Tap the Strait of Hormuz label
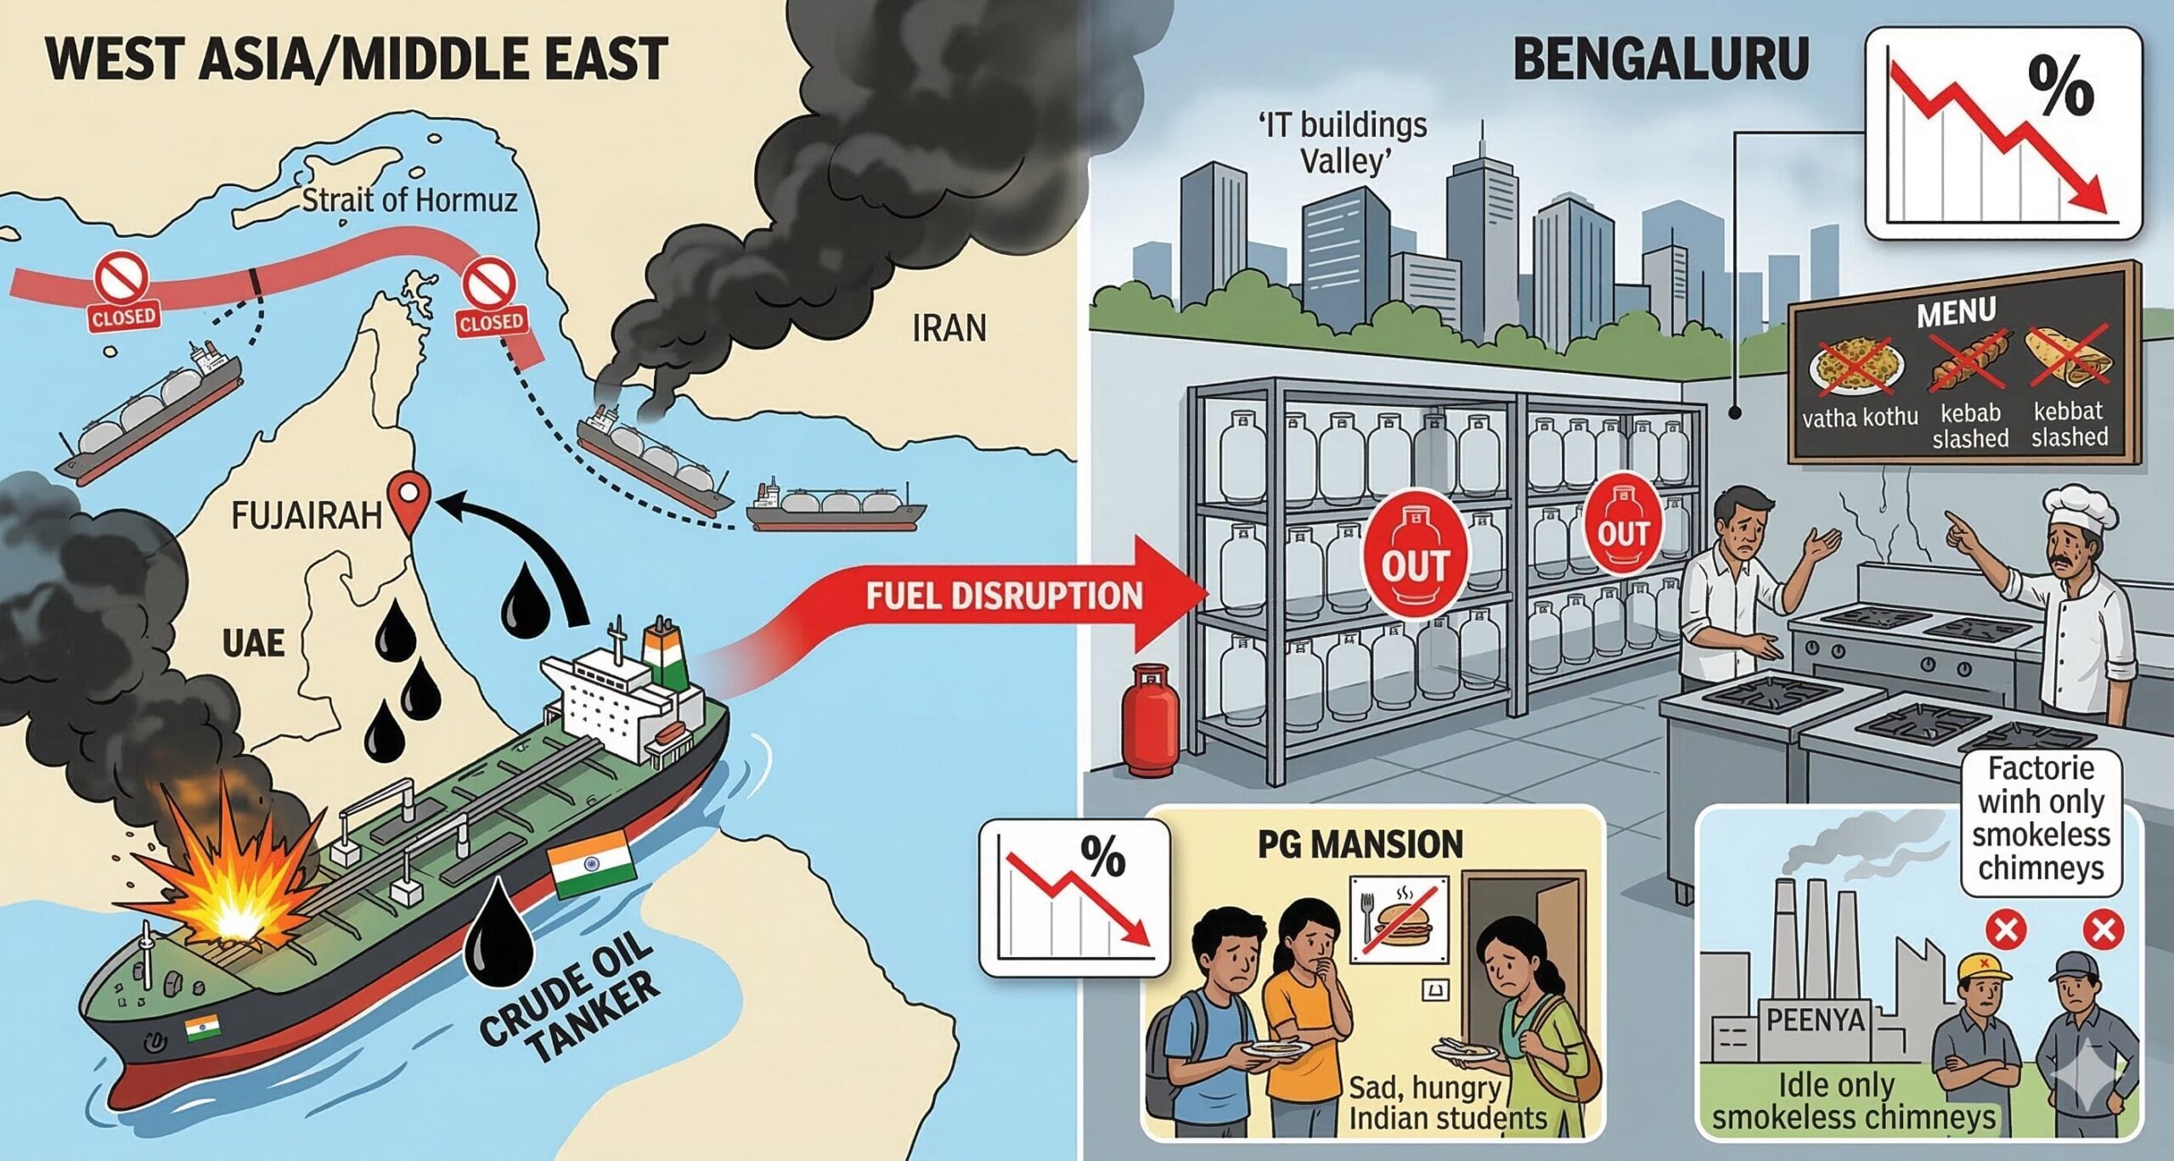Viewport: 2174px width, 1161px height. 409,200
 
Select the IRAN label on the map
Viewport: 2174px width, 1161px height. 949,328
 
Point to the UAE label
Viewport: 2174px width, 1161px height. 252,643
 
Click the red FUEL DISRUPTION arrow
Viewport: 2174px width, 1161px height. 1002,595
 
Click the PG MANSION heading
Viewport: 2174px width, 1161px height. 1360,844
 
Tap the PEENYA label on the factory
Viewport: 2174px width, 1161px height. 1815,1019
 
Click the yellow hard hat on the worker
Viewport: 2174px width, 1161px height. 1983,967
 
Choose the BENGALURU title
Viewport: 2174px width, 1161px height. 1660,59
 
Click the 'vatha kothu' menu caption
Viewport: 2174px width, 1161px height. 1860,417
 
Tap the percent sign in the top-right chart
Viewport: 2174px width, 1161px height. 2060,86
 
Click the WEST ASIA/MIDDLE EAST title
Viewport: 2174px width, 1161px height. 357,59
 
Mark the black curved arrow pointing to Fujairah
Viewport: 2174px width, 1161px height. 527,544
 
